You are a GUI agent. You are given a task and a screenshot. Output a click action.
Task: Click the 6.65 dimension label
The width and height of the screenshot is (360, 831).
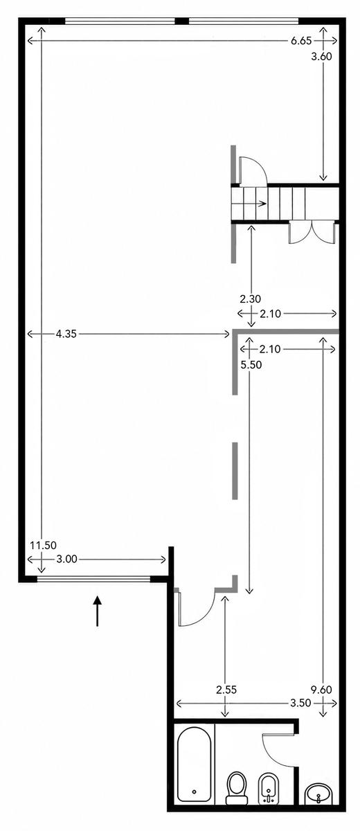click(x=301, y=41)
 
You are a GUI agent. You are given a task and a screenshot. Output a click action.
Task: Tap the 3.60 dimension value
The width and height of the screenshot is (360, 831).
click(x=321, y=56)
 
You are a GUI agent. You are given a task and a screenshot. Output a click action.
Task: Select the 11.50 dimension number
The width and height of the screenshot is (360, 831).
click(x=44, y=546)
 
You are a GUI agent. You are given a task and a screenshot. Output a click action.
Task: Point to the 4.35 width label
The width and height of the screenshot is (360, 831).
click(x=66, y=334)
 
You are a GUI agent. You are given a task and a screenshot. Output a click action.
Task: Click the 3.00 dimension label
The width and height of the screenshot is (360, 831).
click(x=66, y=559)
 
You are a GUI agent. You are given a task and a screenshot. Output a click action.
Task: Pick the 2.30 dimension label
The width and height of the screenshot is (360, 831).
click(x=250, y=298)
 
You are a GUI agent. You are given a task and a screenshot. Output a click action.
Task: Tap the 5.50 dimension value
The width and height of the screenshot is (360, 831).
click(x=251, y=365)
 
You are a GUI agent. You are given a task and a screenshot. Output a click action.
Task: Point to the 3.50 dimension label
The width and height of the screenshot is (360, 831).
click(x=300, y=703)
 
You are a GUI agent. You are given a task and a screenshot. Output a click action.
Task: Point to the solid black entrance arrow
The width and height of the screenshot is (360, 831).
click(x=97, y=611)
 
